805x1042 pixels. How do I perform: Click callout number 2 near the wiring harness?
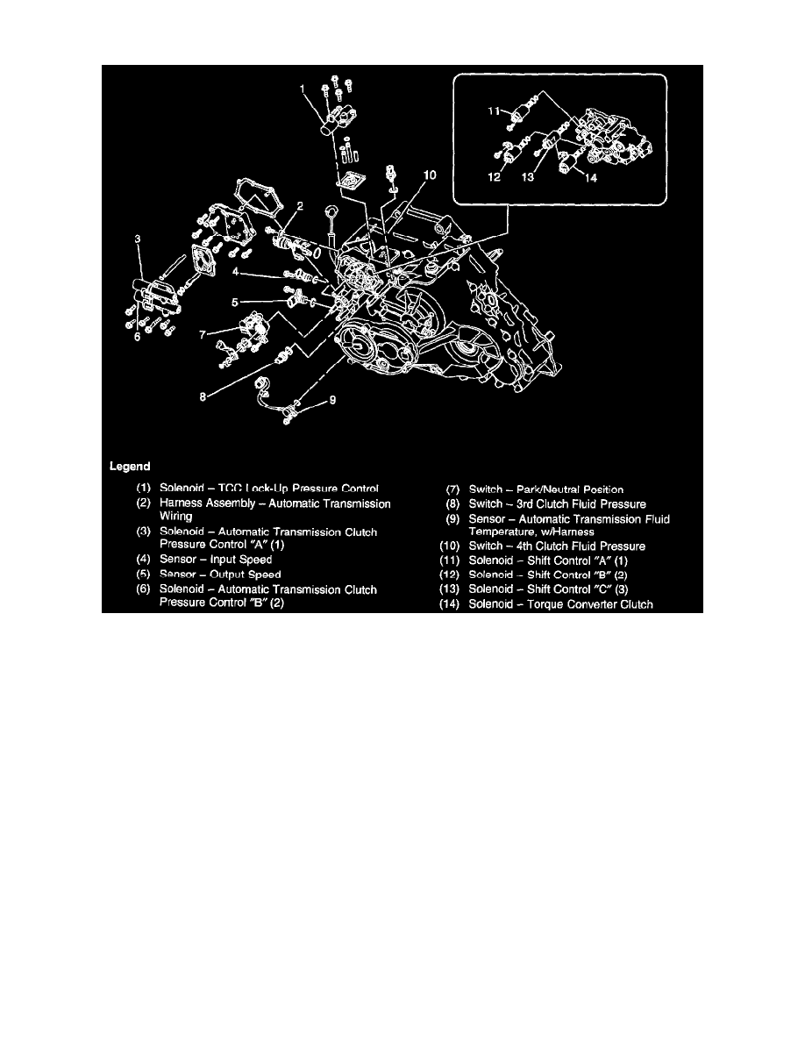pyautogui.click(x=300, y=206)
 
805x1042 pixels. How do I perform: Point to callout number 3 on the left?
pyautogui.click(x=137, y=239)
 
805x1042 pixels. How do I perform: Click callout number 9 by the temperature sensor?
pyautogui.click(x=331, y=402)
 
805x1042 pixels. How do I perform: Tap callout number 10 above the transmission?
pyautogui.click(x=428, y=175)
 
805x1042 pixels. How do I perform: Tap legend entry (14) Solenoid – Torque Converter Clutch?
pyautogui.click(x=545, y=603)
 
